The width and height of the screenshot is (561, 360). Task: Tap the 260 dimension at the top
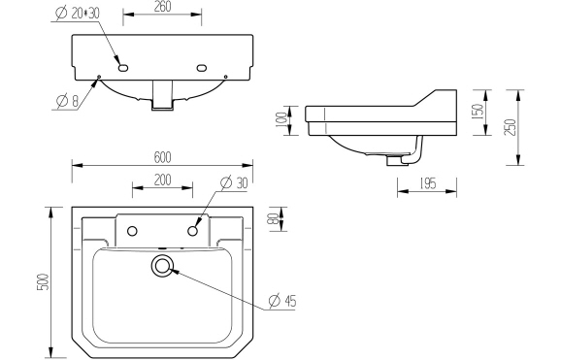[163, 8]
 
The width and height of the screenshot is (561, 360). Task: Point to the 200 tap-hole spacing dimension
[162, 180]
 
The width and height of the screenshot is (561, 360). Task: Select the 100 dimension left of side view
[282, 117]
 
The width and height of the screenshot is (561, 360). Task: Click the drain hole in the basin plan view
[162, 265]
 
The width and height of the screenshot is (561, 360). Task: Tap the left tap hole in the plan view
[132, 230]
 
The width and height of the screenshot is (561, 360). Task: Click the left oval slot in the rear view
[123, 68]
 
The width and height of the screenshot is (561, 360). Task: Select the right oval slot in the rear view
[202, 68]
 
